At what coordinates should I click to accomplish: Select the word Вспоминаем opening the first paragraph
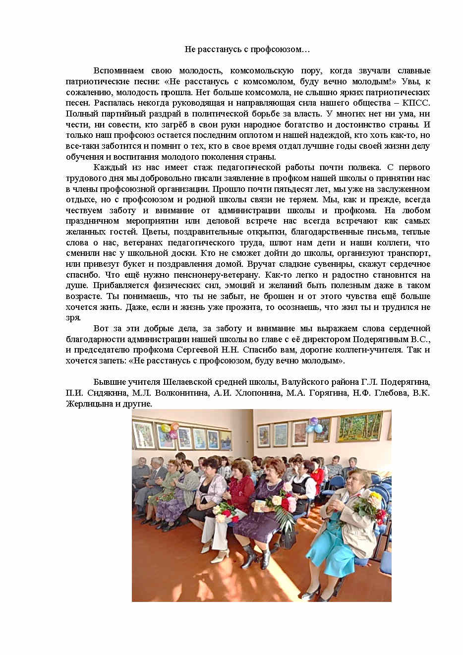tap(117, 70)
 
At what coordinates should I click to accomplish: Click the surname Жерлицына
tap(89, 404)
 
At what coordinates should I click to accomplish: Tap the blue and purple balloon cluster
tap(313, 425)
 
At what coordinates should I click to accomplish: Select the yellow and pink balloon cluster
tap(172, 430)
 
